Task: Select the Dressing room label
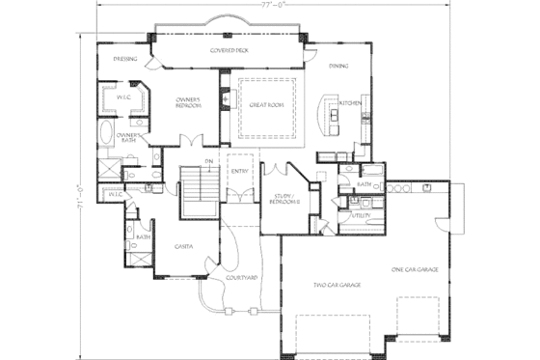click(x=124, y=59)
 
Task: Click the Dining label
click(x=338, y=66)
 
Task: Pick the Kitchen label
click(x=350, y=102)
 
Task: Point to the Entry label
click(x=239, y=172)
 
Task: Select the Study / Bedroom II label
click(x=283, y=199)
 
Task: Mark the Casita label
click(x=184, y=246)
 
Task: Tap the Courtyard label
click(x=240, y=277)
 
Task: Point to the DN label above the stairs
click(x=208, y=160)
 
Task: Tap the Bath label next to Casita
click(x=143, y=236)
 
